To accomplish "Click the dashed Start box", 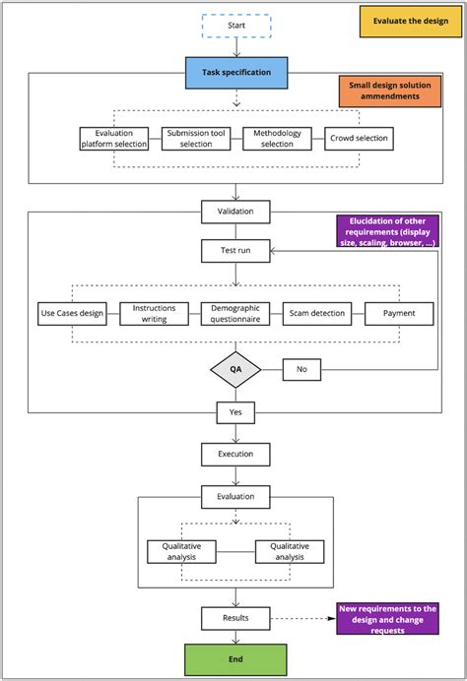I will pos(235,27).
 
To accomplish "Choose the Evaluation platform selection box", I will pos(115,139).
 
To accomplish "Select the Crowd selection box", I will pos(360,139).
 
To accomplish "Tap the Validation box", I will pos(234,211).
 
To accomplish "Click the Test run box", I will pos(234,250).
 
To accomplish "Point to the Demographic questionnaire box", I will pos(234,313).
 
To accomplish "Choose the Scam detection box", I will pos(316,313).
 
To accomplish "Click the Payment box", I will pos(398,313).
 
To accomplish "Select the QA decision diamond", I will pos(235,370).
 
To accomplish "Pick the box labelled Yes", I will pos(235,411).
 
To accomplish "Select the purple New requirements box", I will pos(387,618).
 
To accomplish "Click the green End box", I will pos(235,658).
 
